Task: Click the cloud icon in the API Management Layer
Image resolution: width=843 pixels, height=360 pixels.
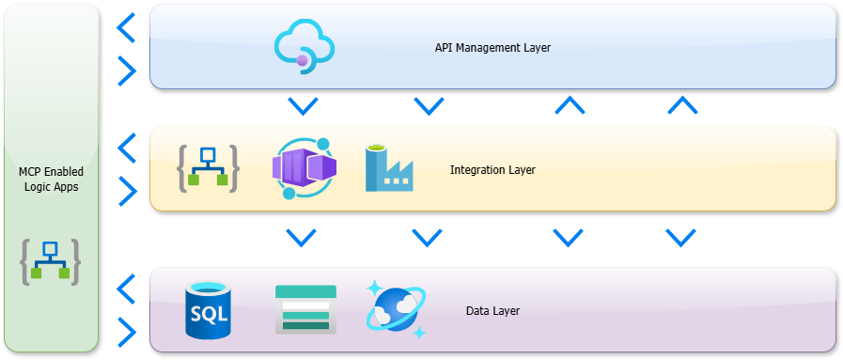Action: click(x=304, y=47)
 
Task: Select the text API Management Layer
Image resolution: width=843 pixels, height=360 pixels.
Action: click(x=492, y=47)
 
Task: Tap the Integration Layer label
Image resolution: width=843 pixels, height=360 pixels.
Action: click(x=492, y=170)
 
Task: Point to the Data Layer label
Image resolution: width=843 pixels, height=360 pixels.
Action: click(x=492, y=311)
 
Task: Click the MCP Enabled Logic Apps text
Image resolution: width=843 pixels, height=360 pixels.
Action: click(x=51, y=179)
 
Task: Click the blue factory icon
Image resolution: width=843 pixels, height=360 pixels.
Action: click(x=389, y=168)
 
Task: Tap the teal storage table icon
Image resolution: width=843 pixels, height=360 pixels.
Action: click(x=305, y=309)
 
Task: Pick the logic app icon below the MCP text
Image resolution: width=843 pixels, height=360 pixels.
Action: click(x=51, y=262)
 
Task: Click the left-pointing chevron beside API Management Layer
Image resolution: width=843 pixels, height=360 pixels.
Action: click(x=125, y=28)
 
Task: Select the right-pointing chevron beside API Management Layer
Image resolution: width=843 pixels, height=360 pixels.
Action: click(x=125, y=69)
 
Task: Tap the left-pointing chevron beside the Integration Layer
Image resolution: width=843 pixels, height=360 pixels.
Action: click(x=125, y=149)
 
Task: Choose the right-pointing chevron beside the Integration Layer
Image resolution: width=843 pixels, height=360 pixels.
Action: click(x=125, y=192)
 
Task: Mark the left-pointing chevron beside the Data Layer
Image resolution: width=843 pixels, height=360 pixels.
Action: click(x=125, y=289)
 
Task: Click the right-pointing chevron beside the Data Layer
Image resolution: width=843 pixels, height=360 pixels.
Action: click(x=125, y=331)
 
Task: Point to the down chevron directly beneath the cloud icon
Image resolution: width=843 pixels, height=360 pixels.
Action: click(x=303, y=105)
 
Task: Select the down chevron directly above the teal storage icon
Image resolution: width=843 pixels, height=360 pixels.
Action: click(x=301, y=237)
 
